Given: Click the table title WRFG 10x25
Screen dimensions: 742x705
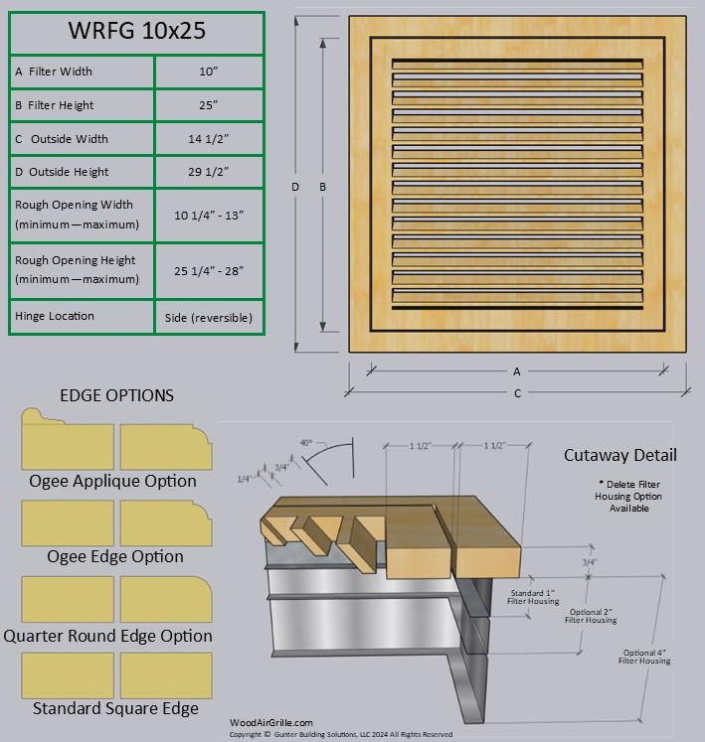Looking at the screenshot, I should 136,31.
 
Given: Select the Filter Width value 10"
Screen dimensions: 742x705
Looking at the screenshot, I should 209,72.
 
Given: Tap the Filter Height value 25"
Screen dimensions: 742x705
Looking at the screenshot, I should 209,105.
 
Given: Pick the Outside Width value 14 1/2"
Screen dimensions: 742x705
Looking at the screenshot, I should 209,139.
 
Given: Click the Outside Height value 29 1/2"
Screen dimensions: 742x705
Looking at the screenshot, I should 209,172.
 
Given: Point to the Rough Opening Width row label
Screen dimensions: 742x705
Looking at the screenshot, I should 77,215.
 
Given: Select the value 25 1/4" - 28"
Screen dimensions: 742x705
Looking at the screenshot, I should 209,270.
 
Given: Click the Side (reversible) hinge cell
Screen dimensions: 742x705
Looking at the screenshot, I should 209,318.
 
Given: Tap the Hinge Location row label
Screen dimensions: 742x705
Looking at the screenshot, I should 55,316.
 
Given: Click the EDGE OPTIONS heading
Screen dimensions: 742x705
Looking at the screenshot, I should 116,395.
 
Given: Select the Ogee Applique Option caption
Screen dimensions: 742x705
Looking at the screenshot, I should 112,481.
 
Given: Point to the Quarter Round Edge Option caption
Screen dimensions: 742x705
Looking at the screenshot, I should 107,636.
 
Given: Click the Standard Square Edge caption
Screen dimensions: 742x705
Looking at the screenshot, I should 115,708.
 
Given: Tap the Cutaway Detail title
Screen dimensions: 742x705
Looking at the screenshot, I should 619,455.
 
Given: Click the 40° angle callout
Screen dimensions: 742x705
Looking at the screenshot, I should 305,443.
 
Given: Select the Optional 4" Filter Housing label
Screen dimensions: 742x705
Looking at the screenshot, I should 645,656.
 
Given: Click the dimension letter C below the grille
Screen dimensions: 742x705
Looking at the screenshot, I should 517,393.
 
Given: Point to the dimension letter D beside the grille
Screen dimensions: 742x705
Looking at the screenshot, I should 295,186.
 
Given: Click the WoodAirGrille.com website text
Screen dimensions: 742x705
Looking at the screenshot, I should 271,723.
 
